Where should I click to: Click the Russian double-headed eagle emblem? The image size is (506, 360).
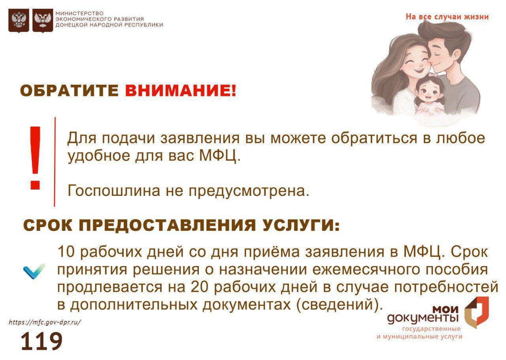click(x=19, y=21)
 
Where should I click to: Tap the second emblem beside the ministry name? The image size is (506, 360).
click(x=43, y=21)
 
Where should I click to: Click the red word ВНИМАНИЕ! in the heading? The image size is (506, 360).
click(x=181, y=91)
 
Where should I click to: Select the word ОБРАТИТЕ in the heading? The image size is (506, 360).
click(x=69, y=91)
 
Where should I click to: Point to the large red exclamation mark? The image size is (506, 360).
click(x=35, y=157)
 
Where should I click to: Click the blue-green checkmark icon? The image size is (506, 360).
click(x=34, y=271)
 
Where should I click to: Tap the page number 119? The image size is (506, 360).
click(x=42, y=341)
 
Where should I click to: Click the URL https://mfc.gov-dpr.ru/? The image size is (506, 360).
click(x=45, y=322)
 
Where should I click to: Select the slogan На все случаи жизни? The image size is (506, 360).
click(x=447, y=17)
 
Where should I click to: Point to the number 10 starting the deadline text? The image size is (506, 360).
click(x=66, y=251)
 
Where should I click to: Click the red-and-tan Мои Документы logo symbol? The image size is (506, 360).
click(x=477, y=313)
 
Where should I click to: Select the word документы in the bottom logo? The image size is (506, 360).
click(x=423, y=318)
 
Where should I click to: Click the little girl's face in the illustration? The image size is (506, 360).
click(x=429, y=92)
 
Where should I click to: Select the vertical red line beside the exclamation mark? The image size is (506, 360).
click(x=55, y=162)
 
